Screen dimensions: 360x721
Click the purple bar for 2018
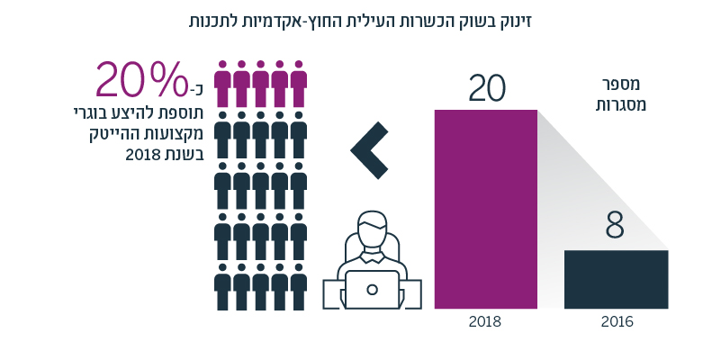pyautogui.click(x=485, y=209)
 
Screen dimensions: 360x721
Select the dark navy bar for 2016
pyautogui.click(x=616, y=279)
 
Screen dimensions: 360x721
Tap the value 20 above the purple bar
pyautogui.click(x=486, y=89)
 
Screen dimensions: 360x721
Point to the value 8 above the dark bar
pyautogui.click(x=615, y=227)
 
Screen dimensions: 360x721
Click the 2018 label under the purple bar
pyautogui.click(x=485, y=321)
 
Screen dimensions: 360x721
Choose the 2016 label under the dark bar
pyautogui.click(x=617, y=321)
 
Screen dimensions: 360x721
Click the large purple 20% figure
pyautogui.click(x=140, y=82)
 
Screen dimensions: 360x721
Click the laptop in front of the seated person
pyautogui.click(x=372, y=289)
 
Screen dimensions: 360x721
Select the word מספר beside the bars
pyautogui.click(x=621, y=85)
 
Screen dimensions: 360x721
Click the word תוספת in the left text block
pyautogui.click(x=183, y=114)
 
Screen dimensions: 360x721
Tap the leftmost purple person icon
pyautogui.click(x=223, y=81)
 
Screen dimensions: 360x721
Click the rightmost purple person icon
pyautogui.click(x=299, y=81)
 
